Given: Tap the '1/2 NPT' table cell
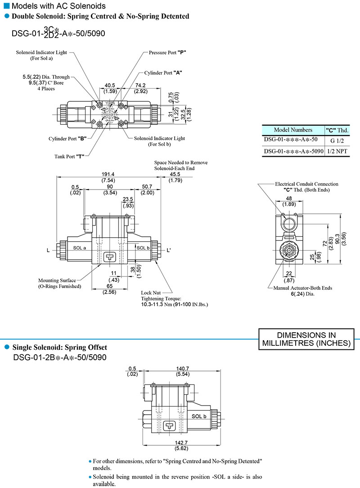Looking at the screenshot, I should click(337, 152).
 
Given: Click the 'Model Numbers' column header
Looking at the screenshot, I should click(293, 130).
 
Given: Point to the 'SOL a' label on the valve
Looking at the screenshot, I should click(80, 248).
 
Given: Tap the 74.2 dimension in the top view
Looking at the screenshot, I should click(140, 85).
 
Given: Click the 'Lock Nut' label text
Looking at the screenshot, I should click(151, 293).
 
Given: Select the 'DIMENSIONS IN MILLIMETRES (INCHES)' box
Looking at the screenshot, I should click(306, 339).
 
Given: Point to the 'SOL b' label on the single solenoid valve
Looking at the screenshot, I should click(198, 416).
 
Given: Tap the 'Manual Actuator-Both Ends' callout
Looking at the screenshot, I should click(303, 288).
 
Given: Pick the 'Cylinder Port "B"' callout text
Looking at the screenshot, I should click(67, 138).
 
